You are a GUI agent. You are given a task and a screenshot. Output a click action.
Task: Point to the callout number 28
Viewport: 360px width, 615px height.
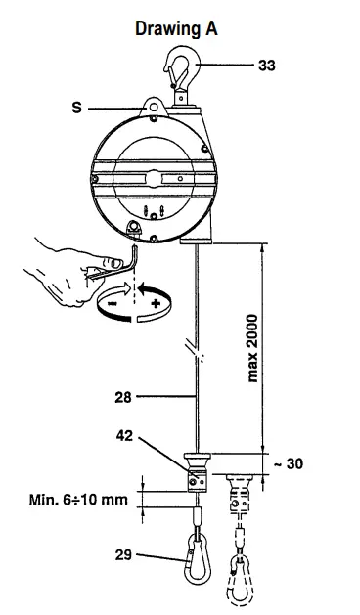[x=122, y=398]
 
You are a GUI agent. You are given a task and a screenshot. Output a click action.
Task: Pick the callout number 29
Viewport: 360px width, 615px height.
[x=122, y=553]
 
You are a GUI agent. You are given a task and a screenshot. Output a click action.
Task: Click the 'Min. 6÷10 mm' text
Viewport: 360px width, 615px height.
[x=75, y=501]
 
